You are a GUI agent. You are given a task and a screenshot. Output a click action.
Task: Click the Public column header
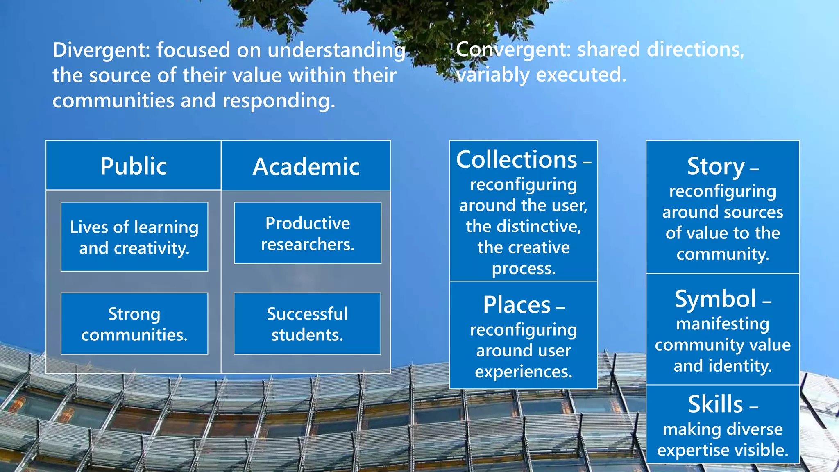134,166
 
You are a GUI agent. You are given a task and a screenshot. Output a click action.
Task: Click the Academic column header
306,166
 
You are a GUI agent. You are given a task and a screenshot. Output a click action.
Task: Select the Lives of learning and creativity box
134,237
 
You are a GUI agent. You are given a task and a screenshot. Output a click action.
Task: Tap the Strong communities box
134,324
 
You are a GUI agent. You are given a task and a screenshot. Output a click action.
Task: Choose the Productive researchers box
307,233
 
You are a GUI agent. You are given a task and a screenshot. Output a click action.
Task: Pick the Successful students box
307,324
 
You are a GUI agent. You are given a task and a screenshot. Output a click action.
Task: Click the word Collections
517,159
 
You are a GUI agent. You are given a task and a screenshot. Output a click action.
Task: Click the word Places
517,305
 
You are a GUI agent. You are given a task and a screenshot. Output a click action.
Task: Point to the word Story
716,166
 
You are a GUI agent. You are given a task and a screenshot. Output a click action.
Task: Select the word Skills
715,404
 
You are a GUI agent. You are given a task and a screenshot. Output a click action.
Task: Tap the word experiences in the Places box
523,372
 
